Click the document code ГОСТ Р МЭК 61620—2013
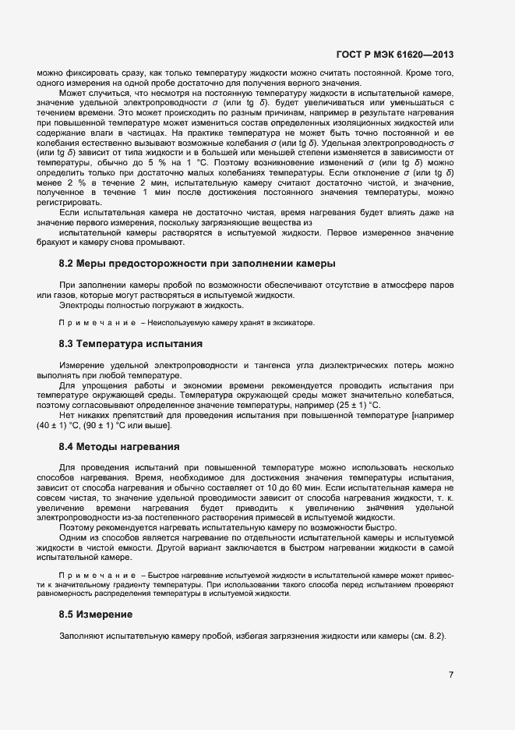[x=394, y=55]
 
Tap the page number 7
[x=450, y=675]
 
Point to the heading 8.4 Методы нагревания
[x=119, y=447]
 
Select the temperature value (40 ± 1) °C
[x=62, y=426]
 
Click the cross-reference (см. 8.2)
[x=428, y=637]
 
